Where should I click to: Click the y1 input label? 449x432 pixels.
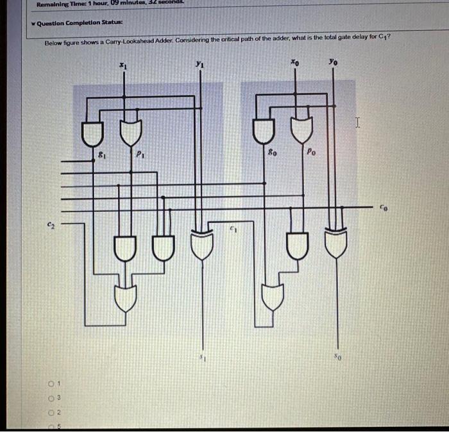(x=201, y=65)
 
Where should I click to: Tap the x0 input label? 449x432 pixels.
(x=294, y=63)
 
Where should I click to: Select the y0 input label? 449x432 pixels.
(x=332, y=63)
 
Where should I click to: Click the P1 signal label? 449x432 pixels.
(x=139, y=154)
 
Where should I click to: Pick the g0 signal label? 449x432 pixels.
(x=272, y=153)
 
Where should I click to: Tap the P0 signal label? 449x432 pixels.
(x=311, y=153)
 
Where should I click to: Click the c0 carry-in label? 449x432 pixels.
(x=384, y=208)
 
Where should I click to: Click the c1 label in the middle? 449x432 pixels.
(x=233, y=229)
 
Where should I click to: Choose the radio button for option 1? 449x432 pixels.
(x=49, y=384)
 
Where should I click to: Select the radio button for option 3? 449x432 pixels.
(x=49, y=398)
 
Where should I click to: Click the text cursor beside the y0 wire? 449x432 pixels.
(x=358, y=122)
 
